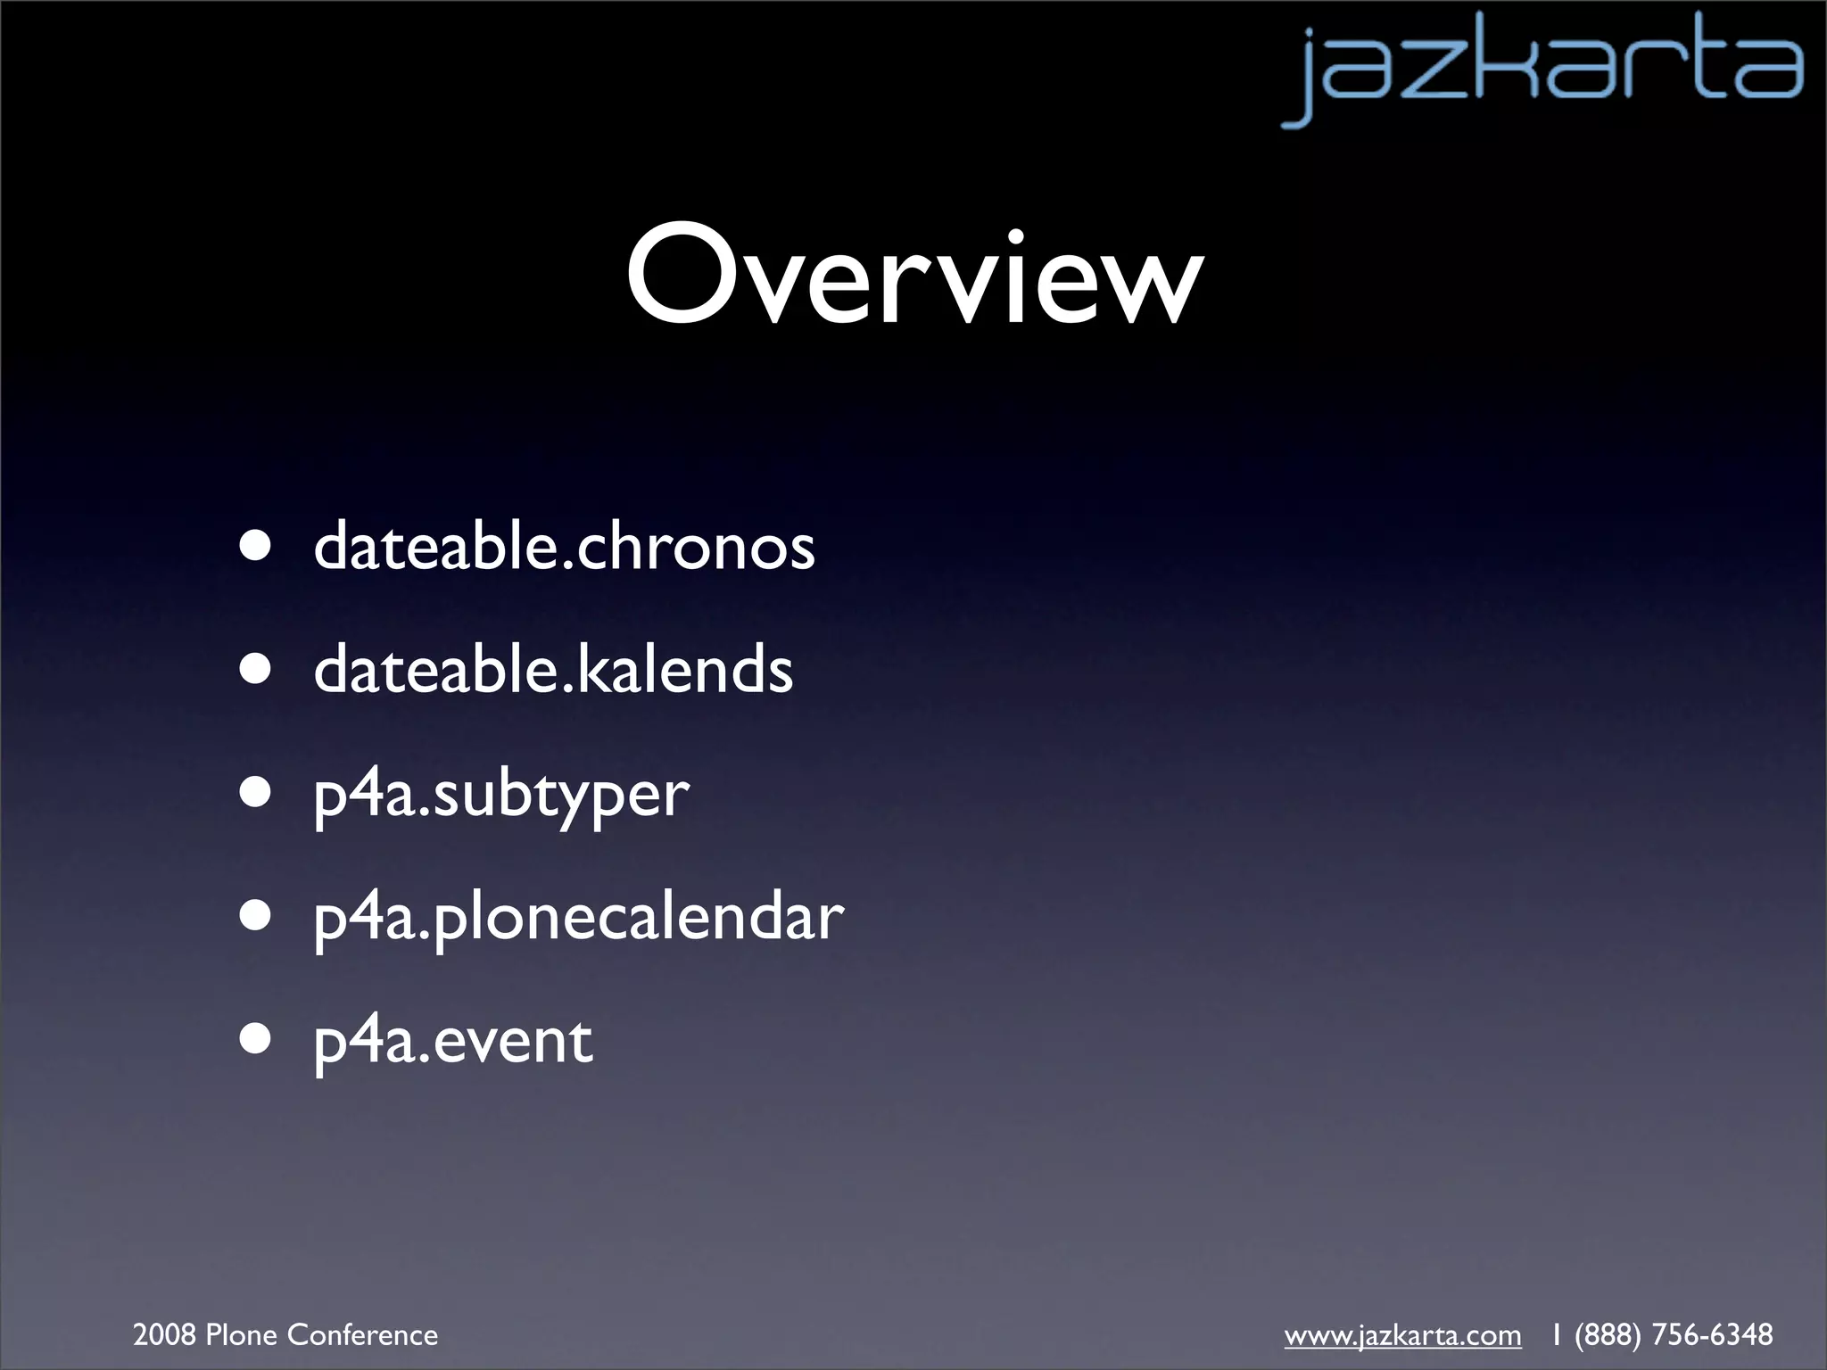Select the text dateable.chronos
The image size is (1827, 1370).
point(564,546)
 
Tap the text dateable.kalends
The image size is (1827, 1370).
point(553,669)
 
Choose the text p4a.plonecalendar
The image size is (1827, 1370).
point(578,917)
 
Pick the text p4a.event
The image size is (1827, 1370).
point(453,1040)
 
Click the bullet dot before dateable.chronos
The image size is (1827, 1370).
point(256,546)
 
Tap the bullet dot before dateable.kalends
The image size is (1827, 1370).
point(256,669)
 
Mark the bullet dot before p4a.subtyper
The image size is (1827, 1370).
point(256,793)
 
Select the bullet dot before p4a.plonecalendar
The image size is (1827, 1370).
point(256,916)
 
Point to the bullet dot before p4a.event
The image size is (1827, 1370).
point(256,1039)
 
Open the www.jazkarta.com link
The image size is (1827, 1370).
point(1402,1335)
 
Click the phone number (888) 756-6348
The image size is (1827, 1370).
point(1674,1335)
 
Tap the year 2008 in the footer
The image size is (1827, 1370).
point(165,1335)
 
